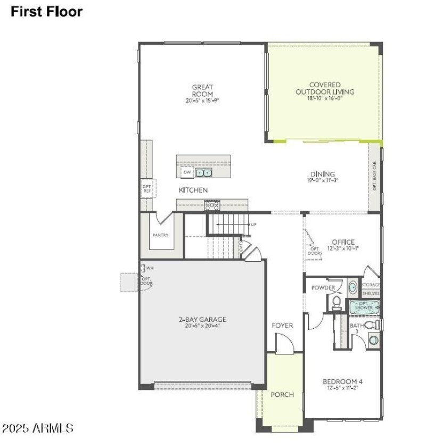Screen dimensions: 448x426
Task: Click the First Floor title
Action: [x=47, y=12]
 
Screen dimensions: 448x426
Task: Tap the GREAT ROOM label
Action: [x=202, y=90]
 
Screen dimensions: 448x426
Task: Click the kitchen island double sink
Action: [x=203, y=173]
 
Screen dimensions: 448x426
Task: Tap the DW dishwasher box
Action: [x=186, y=173]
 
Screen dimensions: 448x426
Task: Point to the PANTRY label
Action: [x=160, y=235]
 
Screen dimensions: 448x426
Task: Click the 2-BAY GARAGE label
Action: [x=202, y=320]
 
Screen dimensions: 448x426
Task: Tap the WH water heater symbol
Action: [x=143, y=268]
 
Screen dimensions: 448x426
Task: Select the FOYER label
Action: [x=282, y=325]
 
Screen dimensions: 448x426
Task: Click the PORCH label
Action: [x=282, y=394]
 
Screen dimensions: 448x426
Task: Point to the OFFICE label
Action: [x=343, y=243]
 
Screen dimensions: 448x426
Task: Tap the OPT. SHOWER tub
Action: [x=365, y=307]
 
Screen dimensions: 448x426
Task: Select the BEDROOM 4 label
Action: [x=342, y=381]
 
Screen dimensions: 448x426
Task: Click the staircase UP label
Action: [x=253, y=225]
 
